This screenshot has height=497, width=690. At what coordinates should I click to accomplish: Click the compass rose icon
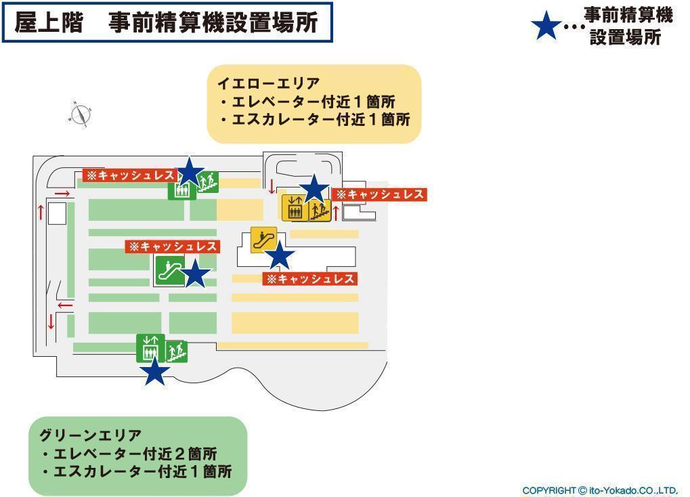click(81, 114)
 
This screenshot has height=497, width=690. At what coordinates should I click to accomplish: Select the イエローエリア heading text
click(268, 84)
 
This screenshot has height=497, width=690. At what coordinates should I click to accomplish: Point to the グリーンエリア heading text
click(90, 435)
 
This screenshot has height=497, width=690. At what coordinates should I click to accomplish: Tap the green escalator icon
click(169, 270)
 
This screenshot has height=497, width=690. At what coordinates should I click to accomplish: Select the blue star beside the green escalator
click(196, 274)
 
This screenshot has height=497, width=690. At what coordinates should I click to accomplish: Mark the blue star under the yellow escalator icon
click(279, 257)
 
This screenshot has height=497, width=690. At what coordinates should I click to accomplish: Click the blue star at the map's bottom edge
click(155, 371)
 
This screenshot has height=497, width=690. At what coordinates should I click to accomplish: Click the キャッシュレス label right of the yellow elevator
click(381, 194)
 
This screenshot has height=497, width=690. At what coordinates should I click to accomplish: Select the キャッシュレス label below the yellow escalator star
click(310, 278)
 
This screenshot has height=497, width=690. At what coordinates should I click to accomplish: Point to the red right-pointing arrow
click(62, 194)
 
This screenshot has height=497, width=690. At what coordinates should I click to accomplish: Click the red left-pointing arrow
click(65, 305)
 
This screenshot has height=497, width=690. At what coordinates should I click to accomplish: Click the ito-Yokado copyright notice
click(600, 490)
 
